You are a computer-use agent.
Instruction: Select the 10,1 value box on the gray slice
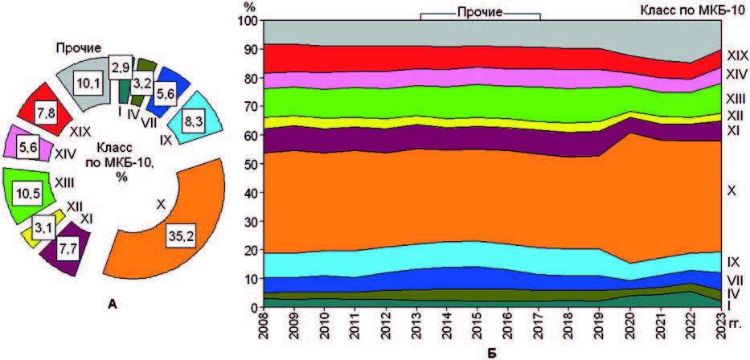coord(85,84)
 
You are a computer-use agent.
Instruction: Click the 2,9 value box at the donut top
coord(121,66)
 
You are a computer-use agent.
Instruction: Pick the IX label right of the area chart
coord(733,262)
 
